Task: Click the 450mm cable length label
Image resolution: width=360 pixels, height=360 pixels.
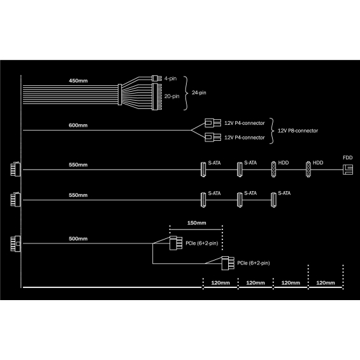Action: coord(78,81)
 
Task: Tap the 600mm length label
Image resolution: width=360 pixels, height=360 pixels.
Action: coord(78,126)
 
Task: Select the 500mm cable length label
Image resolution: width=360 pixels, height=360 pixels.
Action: coord(78,239)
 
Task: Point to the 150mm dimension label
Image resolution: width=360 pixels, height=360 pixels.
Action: coord(196,223)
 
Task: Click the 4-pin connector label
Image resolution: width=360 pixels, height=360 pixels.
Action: coord(170,78)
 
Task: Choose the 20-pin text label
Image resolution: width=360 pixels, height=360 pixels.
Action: coord(172,96)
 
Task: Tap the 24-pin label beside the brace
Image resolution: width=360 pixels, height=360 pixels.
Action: coord(199,93)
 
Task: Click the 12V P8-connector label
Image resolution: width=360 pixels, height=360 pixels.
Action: coord(298,131)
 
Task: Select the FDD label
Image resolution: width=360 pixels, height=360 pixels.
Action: coord(348,158)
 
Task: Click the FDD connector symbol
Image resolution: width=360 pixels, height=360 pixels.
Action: coord(348,169)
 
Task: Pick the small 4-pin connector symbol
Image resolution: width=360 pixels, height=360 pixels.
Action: coord(157,78)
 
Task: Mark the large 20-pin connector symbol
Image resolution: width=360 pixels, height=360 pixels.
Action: coord(157,97)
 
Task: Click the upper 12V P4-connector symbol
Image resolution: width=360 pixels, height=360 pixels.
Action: coord(213,123)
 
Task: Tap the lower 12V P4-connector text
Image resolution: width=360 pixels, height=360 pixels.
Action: coord(245,138)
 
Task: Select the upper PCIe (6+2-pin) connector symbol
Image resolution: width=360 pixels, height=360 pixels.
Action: coord(176,243)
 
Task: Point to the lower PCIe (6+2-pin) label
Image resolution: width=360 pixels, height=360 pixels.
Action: coord(254,263)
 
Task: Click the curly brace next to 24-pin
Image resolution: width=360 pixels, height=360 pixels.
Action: coord(186,93)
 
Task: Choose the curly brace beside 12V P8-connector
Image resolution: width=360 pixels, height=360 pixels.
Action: coord(272,131)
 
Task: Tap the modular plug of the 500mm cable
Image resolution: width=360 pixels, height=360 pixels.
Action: coord(16,243)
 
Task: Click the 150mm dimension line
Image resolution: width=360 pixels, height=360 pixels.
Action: coord(196,229)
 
